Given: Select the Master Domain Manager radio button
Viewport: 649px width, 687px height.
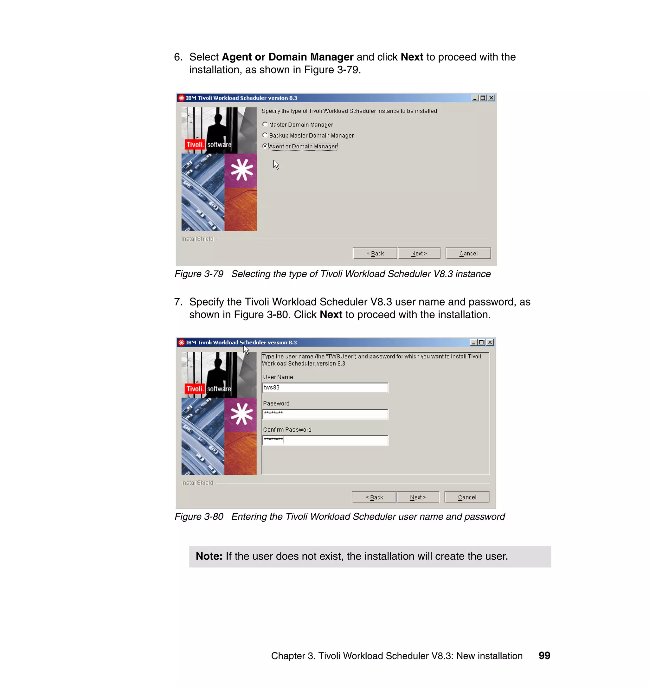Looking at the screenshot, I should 265,125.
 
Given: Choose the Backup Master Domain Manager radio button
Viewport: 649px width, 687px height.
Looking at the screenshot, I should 265,135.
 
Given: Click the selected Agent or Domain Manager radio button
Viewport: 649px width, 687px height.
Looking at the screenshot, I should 265,146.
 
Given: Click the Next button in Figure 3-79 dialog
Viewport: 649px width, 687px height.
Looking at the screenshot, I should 419,254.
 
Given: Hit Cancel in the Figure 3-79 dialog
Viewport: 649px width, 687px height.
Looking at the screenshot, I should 468,254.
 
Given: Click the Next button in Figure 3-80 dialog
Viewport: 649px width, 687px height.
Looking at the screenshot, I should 418,498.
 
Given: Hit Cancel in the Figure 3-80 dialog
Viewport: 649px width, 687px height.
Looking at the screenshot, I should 467,498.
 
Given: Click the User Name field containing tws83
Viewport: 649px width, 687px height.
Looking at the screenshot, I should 325,388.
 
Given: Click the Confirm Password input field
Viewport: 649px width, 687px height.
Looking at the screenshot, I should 325,440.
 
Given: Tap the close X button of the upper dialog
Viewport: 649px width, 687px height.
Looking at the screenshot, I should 491,98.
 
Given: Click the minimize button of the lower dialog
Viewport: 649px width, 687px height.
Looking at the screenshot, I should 473,343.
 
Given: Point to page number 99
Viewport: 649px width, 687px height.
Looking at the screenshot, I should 544,656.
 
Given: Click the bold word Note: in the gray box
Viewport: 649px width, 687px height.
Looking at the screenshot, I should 209,556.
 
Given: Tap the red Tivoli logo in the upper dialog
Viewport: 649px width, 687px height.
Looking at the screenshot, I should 195,144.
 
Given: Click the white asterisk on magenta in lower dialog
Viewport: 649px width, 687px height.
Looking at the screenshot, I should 241,414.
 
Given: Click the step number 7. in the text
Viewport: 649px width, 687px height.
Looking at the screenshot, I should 178,302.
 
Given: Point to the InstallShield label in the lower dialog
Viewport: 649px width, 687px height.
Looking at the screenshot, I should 197,483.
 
